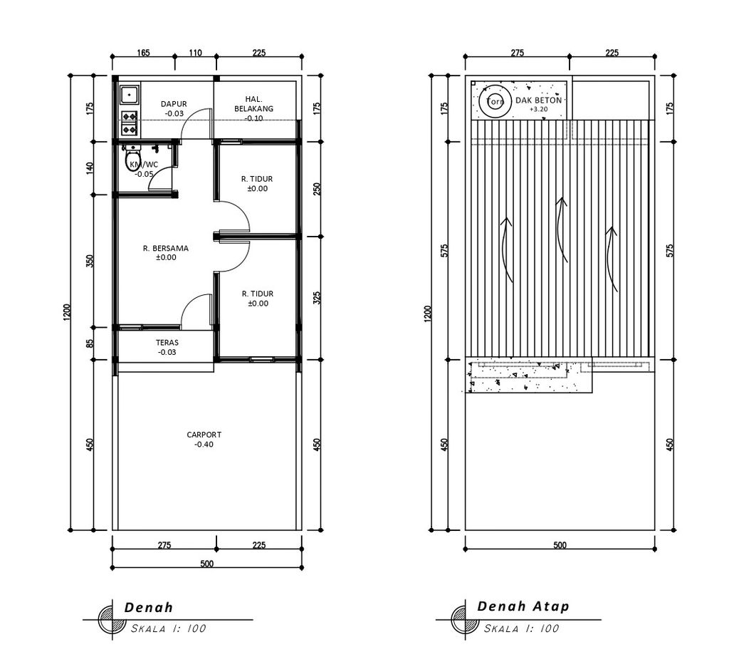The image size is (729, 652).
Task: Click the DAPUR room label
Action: pos(174,104)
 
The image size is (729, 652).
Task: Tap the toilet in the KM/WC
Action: pos(132,158)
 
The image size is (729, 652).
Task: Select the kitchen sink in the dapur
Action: pos(129,95)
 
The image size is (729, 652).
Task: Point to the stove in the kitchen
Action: pos(130,123)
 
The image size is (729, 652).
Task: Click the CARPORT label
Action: pos(204,435)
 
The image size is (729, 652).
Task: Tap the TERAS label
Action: pos(167,343)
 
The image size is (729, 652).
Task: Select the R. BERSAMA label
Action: pos(166,248)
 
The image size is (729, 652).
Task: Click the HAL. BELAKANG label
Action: pos(254,104)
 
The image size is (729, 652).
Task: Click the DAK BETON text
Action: pos(538,100)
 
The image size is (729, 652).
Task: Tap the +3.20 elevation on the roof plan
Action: pos(539,109)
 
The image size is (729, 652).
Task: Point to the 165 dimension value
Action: pos(143,53)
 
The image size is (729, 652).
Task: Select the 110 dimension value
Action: pos(195,53)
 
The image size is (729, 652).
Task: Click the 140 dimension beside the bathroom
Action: pos(90,168)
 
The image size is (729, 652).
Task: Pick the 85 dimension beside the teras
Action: pos(90,343)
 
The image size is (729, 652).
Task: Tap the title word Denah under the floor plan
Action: pos(148,607)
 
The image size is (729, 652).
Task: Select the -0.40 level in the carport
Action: pos(204,445)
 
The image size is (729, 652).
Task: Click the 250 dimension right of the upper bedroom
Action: pos(317,189)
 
